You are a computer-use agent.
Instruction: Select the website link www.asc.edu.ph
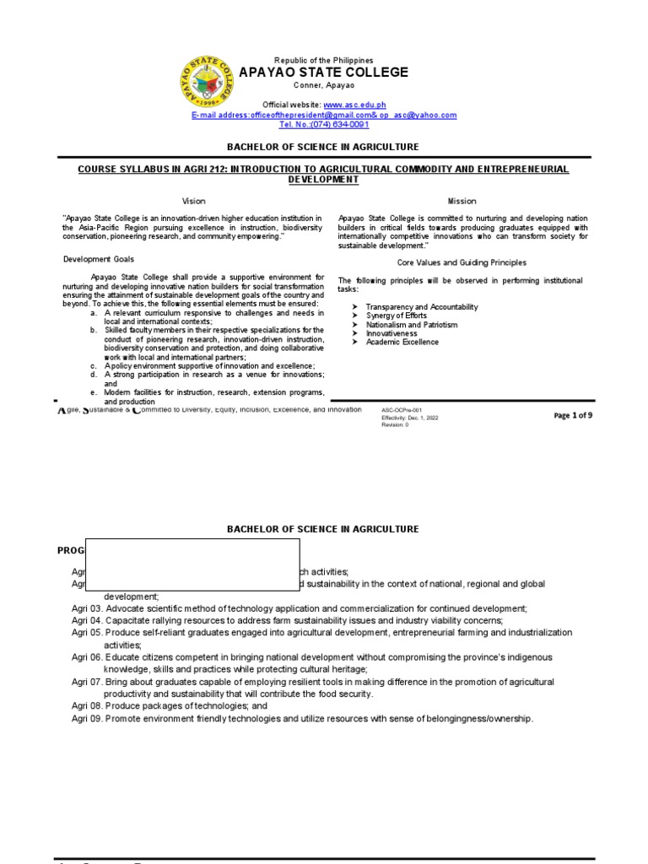point(360,104)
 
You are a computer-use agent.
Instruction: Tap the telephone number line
point(324,125)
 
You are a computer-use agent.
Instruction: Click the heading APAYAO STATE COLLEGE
point(324,73)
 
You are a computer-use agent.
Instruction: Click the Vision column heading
point(194,201)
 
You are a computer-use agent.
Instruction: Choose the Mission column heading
point(462,201)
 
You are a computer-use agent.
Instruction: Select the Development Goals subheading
point(98,259)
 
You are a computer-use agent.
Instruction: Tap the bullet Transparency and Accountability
point(421,307)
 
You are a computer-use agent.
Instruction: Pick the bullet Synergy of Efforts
point(396,316)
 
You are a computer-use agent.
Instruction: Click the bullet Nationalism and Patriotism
point(411,325)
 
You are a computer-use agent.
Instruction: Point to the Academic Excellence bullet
point(402,343)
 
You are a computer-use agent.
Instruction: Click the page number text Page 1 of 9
point(572,415)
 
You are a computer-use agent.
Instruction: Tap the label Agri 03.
point(87,608)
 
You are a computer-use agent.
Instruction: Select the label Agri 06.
point(87,656)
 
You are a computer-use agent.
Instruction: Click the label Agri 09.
point(87,718)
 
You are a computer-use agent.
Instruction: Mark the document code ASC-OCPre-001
point(402,410)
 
